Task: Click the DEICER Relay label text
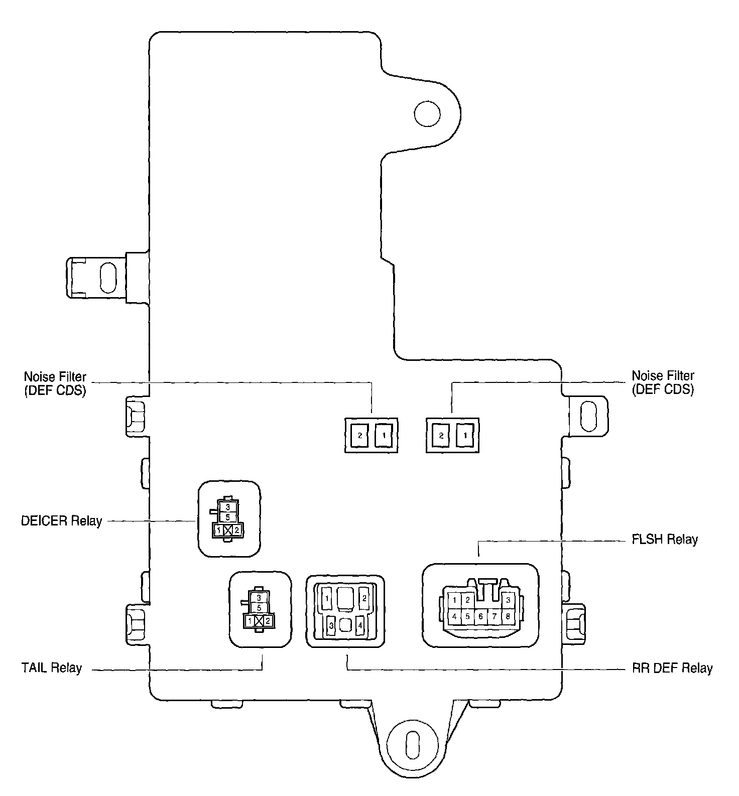tap(61, 520)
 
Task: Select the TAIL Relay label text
tap(51, 668)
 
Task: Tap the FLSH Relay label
tap(665, 540)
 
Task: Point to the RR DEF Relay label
tap(672, 668)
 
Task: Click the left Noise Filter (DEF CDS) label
tap(55, 383)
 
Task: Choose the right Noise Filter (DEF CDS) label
tap(663, 382)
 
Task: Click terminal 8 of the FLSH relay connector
tap(508, 616)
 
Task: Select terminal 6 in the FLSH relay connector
tap(481, 616)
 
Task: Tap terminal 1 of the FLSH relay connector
tap(454, 599)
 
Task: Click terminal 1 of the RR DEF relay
tap(327, 598)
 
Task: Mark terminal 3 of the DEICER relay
tap(227, 507)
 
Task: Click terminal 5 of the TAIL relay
tap(259, 607)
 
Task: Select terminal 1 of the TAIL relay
tap(249, 621)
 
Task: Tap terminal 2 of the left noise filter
tap(360, 435)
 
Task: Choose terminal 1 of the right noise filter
tap(465, 435)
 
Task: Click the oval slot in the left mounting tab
tap(108, 277)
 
